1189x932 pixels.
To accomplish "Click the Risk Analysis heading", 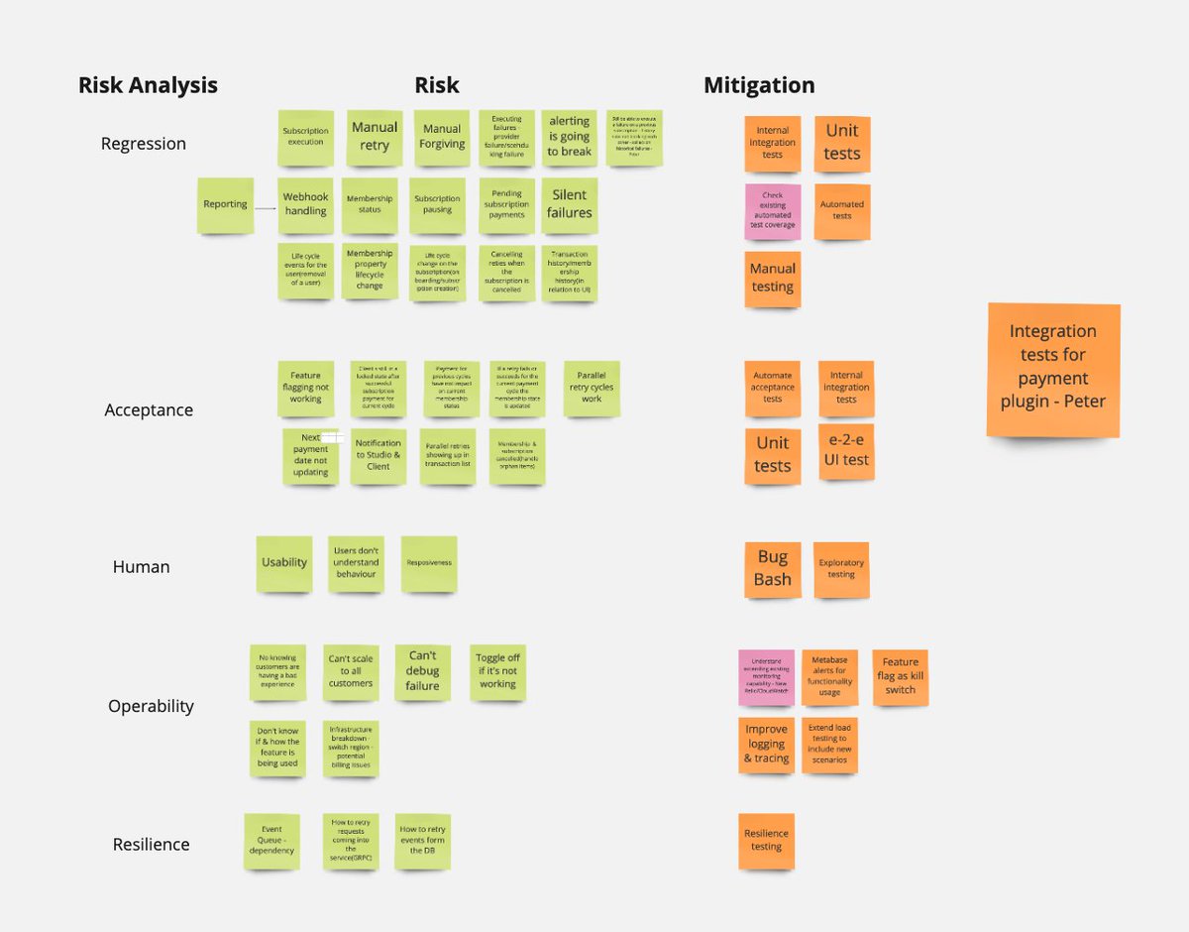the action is click(148, 85).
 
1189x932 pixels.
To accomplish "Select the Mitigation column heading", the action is click(759, 85).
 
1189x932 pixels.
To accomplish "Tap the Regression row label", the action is click(143, 144).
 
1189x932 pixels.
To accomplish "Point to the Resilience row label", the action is click(151, 845).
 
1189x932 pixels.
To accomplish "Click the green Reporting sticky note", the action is click(225, 204).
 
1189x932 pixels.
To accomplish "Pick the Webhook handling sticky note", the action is click(305, 204).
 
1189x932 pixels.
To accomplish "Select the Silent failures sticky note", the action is click(570, 204).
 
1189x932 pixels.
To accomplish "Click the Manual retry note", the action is click(375, 137).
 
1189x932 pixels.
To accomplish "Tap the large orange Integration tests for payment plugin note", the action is click(1053, 367).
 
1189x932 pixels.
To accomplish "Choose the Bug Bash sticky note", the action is click(773, 568).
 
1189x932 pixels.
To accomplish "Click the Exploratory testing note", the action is click(841, 568).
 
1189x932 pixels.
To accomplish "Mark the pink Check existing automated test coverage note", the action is click(773, 211).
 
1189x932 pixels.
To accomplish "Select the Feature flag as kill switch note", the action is click(900, 676).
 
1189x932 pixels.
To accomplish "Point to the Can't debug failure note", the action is click(422, 671).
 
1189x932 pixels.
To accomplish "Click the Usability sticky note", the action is click(284, 563).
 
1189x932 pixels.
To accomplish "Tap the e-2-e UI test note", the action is click(846, 451).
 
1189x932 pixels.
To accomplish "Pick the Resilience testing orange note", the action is click(766, 841).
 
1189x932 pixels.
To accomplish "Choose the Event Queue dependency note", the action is click(271, 841).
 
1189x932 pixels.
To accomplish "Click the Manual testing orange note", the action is click(773, 278).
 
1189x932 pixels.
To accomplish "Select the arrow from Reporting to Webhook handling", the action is click(265, 208).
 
